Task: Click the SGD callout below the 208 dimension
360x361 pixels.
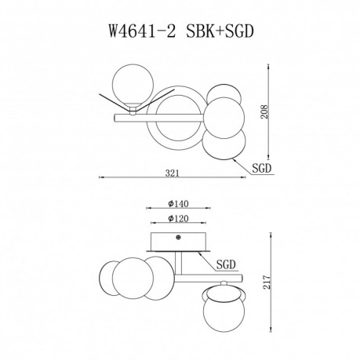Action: pyautogui.click(x=263, y=167)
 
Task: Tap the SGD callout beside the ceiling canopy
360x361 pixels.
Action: pyautogui.click(x=227, y=266)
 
